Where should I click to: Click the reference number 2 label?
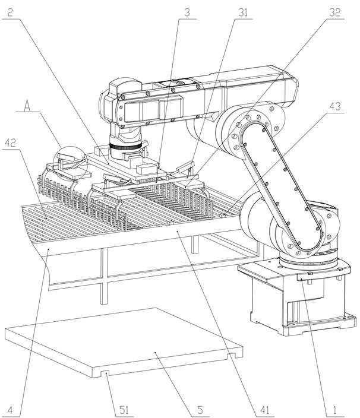[x=10, y=12]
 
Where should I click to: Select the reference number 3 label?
[x=187, y=12]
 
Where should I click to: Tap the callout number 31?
[x=243, y=12]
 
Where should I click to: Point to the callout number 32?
[x=335, y=12]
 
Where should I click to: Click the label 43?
[x=335, y=106]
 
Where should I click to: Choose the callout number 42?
[x=11, y=143]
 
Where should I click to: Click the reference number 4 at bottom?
[x=10, y=410]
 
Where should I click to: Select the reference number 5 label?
[x=200, y=410]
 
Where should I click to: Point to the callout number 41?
[x=264, y=410]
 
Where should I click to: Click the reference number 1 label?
[x=334, y=410]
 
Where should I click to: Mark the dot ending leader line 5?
[x=156, y=353]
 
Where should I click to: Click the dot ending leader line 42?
[x=47, y=218]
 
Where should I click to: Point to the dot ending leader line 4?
[x=48, y=249]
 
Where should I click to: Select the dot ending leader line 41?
[x=178, y=232]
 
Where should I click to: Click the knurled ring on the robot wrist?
[x=125, y=146]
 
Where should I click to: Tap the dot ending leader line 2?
[x=108, y=163]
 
